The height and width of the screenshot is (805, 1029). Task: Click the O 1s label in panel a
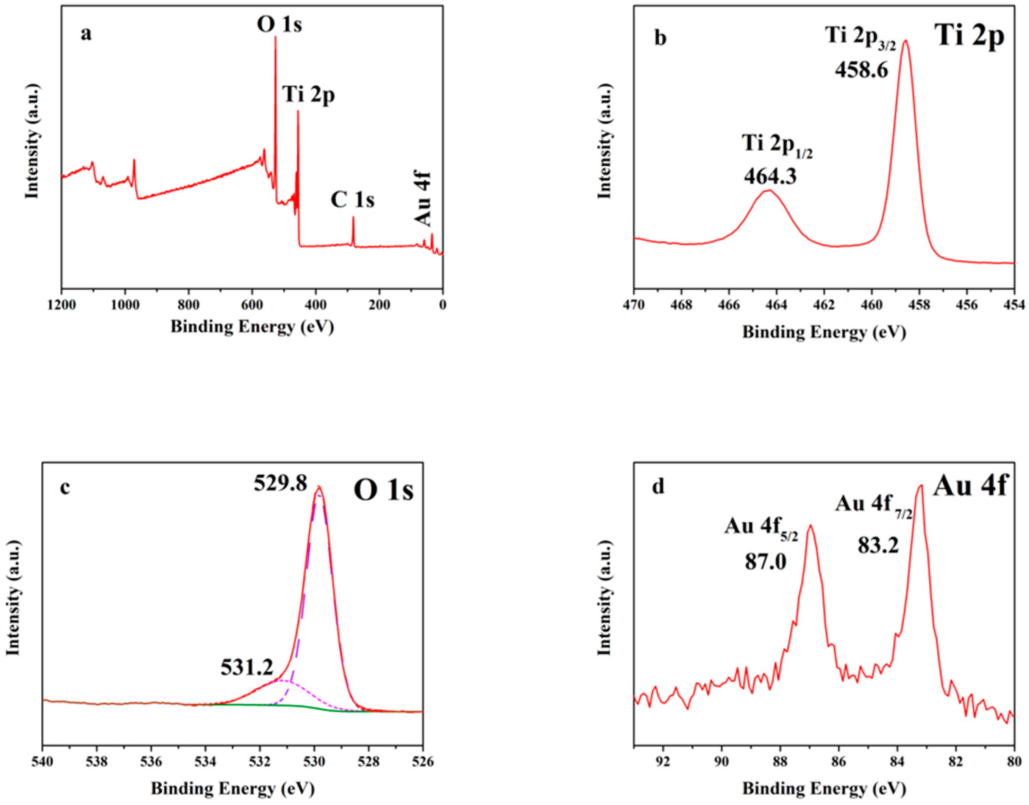279,25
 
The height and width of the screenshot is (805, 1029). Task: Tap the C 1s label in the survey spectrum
352,200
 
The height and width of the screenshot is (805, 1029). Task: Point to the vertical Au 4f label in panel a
423,200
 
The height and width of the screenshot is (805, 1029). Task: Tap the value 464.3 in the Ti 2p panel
770,177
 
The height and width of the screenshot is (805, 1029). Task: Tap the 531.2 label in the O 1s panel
247,667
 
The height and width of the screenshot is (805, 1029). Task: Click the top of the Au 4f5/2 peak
810,526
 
